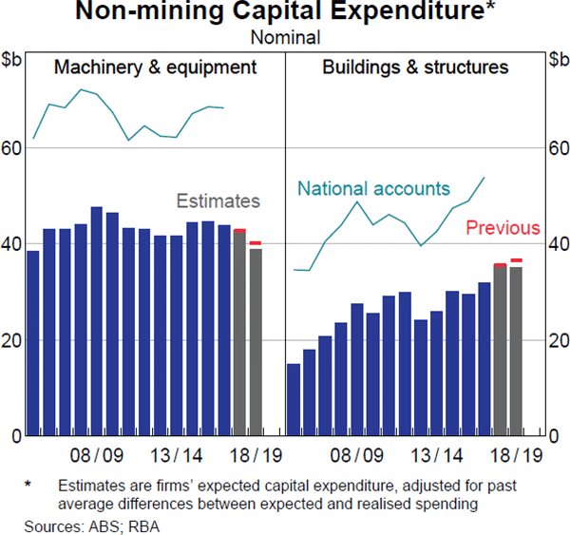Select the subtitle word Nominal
284,37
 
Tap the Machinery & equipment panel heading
156,67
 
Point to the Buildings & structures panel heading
415,67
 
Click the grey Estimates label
218,201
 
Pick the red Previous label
503,229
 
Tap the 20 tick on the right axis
557,341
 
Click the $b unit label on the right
557,59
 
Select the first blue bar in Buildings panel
294,399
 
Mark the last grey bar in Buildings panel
516,351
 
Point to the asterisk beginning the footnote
28,485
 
